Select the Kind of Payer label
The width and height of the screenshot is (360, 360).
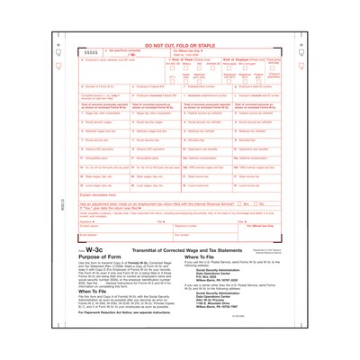click(x=193, y=58)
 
